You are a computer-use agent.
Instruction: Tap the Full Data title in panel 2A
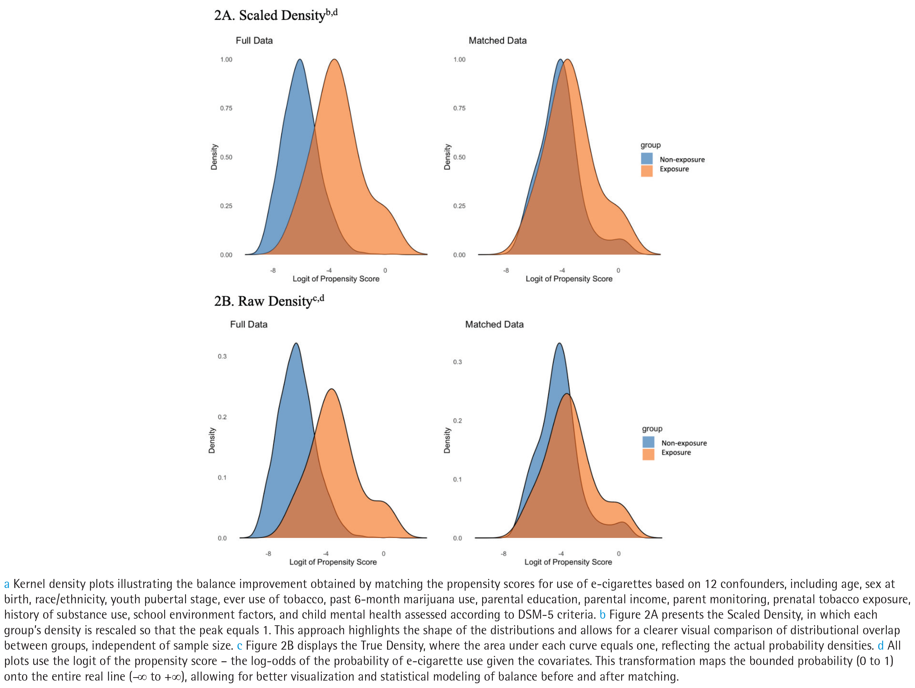pyautogui.click(x=254, y=40)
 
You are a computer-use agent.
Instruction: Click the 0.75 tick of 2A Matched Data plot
pyautogui.click(x=459, y=108)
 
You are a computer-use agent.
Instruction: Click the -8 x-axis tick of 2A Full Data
pyautogui.click(x=273, y=270)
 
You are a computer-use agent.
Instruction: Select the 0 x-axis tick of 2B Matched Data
pyautogui.click(x=618, y=553)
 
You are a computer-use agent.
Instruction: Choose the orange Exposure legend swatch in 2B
pyautogui.click(x=648, y=454)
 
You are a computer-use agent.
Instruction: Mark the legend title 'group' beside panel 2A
pyautogui.click(x=650, y=145)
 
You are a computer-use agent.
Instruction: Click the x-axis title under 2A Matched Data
pyautogui.click(x=569, y=279)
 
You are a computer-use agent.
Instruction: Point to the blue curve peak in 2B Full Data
pyautogui.click(x=296, y=343)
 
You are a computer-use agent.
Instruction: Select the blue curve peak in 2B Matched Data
pyautogui.click(x=559, y=343)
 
